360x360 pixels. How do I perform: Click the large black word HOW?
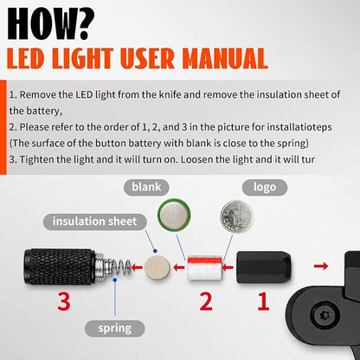51,23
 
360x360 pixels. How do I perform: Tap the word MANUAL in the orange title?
225,59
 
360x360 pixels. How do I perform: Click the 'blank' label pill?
146,187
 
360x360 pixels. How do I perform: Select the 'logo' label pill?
265,187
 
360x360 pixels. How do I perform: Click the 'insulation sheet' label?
95,222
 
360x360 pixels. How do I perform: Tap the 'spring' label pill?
115,328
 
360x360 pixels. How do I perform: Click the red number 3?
64,301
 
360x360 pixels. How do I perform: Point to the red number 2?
206,301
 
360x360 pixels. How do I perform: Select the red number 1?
263,301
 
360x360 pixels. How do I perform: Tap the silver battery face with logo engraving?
237,216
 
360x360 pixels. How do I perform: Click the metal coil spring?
119,267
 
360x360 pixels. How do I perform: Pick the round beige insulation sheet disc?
157,267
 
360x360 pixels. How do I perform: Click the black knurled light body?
60,267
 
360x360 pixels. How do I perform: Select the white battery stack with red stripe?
205,267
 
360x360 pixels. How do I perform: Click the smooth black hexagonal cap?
264,267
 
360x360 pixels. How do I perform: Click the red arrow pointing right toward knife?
321,266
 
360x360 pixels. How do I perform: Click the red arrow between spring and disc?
137,267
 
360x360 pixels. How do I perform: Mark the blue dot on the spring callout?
115,280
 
